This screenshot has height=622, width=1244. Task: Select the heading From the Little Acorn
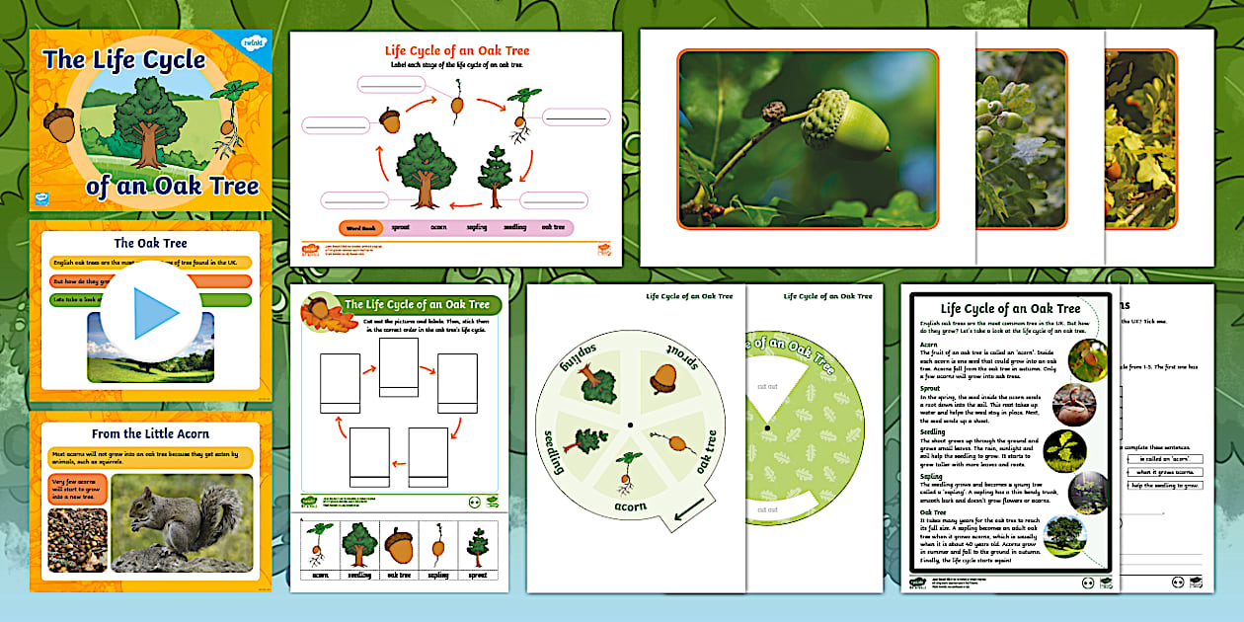pos(150,433)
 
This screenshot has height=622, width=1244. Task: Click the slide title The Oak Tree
pos(150,243)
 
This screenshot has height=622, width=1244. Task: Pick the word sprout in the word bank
pos(400,226)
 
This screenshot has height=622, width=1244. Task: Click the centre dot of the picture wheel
pos(629,426)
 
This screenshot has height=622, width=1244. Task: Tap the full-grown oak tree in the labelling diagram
pos(426,169)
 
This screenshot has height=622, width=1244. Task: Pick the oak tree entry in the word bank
pos(554,226)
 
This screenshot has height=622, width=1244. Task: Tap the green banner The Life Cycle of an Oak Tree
pos(416,305)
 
